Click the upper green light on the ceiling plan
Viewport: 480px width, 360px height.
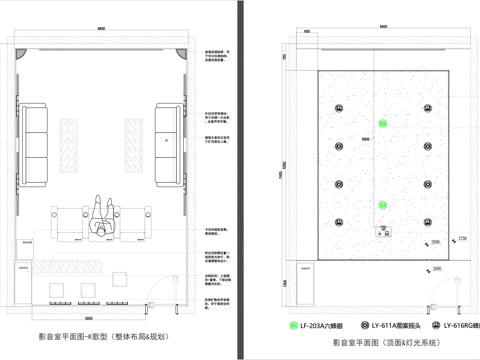pyautogui.click(x=381, y=123)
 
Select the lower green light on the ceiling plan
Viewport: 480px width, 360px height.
pyautogui.click(x=381, y=205)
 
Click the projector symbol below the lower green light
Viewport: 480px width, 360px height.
pyautogui.click(x=382, y=233)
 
